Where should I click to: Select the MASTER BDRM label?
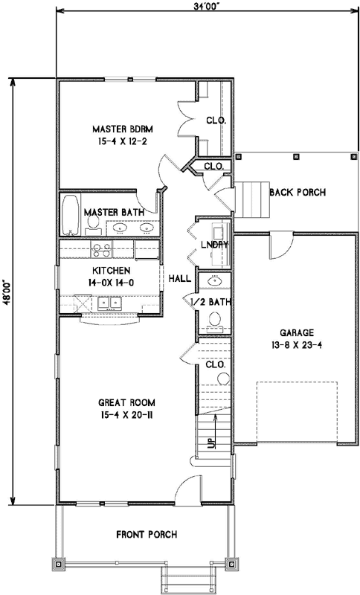click(123, 128)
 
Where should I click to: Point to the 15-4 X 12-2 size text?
click(123, 140)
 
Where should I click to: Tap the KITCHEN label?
click(112, 270)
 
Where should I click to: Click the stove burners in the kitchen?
click(100, 249)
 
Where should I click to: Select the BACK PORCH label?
click(298, 193)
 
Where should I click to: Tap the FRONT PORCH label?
click(147, 534)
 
